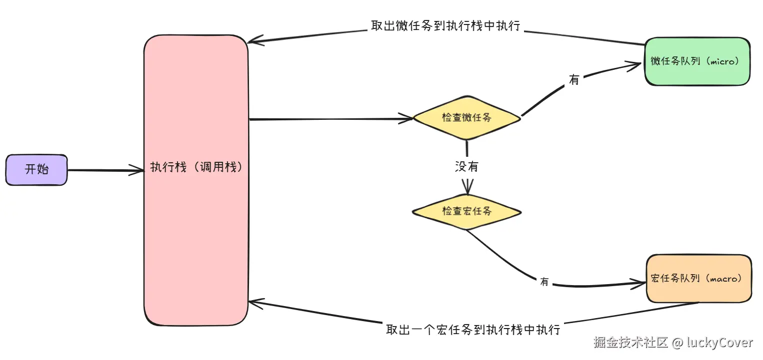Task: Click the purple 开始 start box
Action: tap(36, 170)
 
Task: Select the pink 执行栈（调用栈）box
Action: tap(196, 180)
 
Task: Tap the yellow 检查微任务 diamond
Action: tap(466, 118)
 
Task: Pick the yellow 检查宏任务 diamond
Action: tap(466, 211)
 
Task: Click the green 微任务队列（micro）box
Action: tap(697, 61)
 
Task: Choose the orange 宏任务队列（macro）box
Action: tap(698, 279)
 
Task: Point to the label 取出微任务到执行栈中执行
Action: tap(445, 26)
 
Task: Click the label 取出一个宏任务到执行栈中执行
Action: tap(472, 330)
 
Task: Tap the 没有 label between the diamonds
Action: tap(466, 166)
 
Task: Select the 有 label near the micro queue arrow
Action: tap(574, 79)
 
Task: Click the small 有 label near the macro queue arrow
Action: tap(544, 282)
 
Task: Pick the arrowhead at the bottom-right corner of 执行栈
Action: tap(253, 302)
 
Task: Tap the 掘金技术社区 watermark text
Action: tap(631, 343)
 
